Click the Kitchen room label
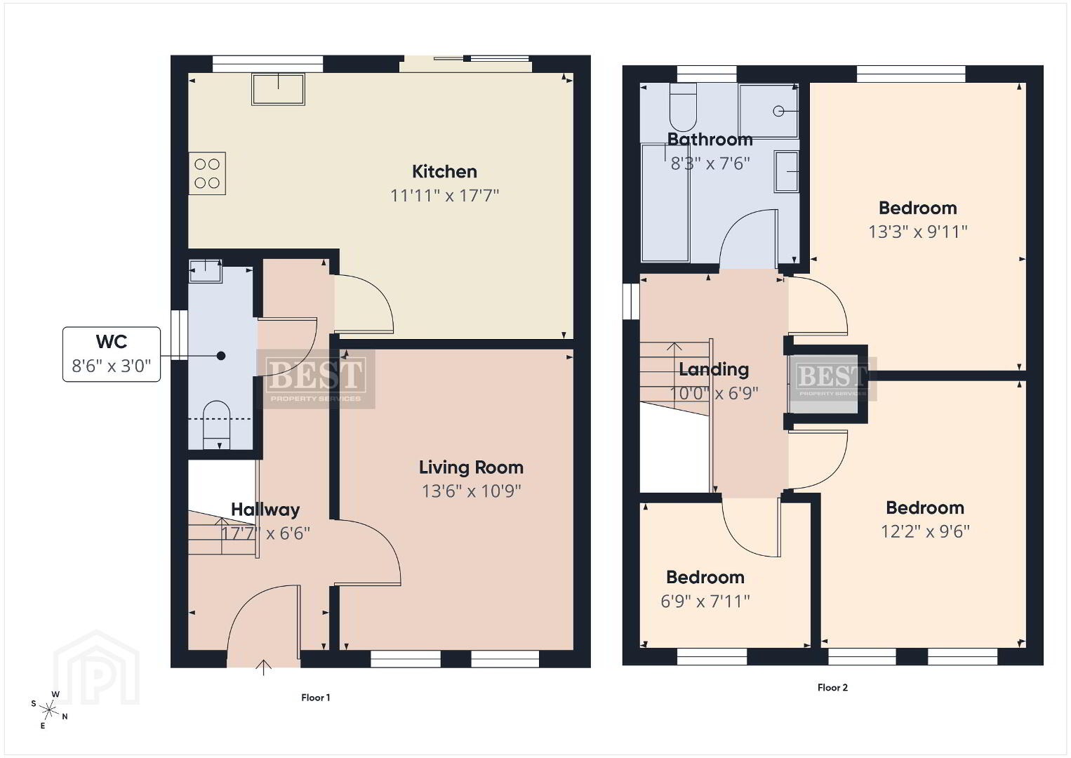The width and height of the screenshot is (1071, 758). click(x=444, y=172)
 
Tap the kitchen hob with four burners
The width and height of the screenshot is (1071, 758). click(x=207, y=173)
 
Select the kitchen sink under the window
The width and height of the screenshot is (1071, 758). click(x=278, y=89)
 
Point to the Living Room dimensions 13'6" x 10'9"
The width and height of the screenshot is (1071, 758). click(x=471, y=491)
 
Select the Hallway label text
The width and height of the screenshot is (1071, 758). click(x=265, y=510)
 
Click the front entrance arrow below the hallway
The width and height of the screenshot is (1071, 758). click(x=263, y=667)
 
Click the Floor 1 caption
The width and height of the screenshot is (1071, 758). click(x=316, y=698)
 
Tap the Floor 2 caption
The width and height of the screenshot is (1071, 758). click(x=832, y=688)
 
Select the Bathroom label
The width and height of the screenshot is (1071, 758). click(x=710, y=140)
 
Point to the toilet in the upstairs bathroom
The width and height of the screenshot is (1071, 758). click(x=683, y=107)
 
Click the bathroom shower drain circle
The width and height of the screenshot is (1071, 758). click(x=778, y=112)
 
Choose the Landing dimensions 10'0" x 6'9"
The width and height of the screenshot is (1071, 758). click(x=714, y=394)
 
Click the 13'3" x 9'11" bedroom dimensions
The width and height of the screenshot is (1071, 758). click(x=917, y=232)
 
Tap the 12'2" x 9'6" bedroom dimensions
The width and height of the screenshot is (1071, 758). click(x=925, y=531)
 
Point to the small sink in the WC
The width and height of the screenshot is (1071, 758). click(x=206, y=271)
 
